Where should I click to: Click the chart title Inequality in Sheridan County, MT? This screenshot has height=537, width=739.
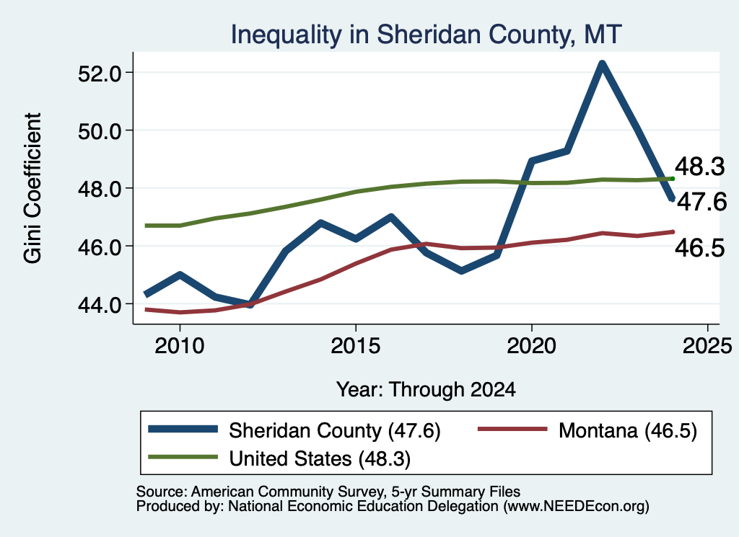tap(426, 35)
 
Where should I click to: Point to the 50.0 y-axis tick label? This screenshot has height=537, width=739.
tap(100, 131)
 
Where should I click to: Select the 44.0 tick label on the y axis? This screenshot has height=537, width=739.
tap(100, 304)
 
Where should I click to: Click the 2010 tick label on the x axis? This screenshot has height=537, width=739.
tap(180, 346)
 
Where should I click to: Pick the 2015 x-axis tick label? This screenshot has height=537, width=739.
tap(355, 346)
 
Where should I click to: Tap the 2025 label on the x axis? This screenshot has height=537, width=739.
tap(707, 346)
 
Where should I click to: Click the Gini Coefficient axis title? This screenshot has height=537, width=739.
tap(32, 188)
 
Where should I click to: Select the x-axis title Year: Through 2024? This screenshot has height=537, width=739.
tap(426, 390)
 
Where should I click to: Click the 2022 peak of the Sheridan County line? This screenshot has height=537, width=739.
tap(602, 63)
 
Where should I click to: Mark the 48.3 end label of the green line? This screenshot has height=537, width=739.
tap(700, 167)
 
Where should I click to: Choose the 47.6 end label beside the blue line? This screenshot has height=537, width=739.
tap(702, 202)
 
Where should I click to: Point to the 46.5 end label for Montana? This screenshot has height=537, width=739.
tap(700, 247)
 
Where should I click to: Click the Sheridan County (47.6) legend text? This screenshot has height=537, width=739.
tap(335, 430)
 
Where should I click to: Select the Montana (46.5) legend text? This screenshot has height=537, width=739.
tap(628, 430)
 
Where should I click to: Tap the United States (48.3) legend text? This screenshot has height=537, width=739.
tap(320, 459)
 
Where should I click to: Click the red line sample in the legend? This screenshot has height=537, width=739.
tap(513, 429)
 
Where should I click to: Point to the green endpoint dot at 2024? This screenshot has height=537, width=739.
tap(673, 179)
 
